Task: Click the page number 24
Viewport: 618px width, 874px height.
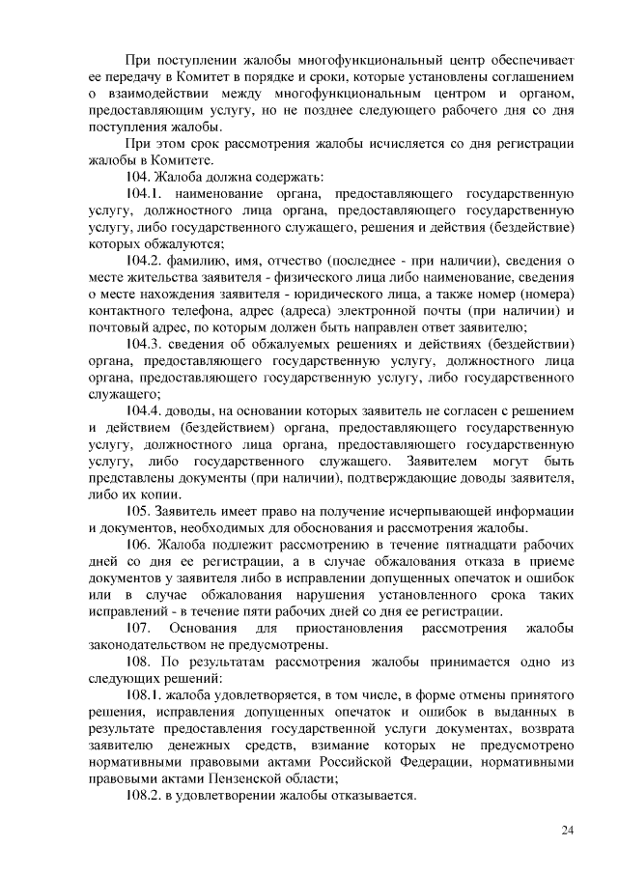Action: (568, 831)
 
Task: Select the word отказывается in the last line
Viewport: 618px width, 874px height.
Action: (369, 796)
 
